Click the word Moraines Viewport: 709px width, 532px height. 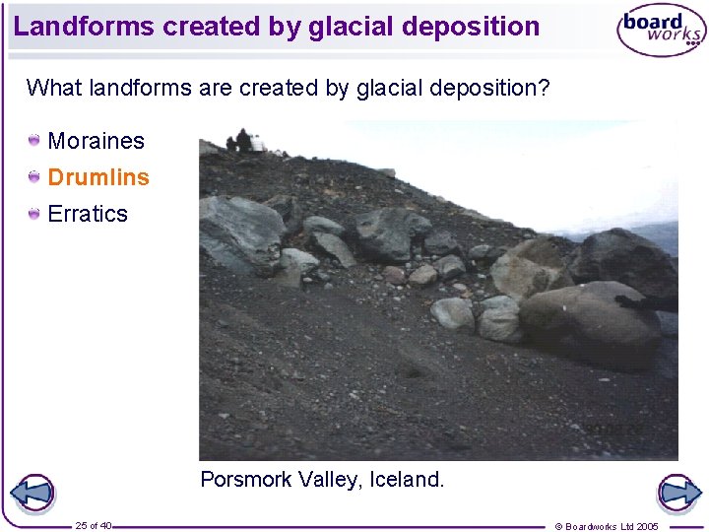tap(96, 141)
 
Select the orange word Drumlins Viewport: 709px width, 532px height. tap(98, 177)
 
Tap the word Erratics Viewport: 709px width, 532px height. tap(88, 214)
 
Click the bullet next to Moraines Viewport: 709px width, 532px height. tap(34, 141)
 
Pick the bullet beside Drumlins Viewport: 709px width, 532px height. tap(34, 177)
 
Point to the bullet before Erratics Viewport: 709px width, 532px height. tap(34, 214)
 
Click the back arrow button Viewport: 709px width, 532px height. tap(32, 493)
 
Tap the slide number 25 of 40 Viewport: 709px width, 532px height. tap(93, 525)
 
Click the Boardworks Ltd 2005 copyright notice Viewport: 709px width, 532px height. tap(607, 526)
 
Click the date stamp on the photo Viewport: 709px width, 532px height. tap(615, 430)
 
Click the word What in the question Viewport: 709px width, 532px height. tap(53, 88)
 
